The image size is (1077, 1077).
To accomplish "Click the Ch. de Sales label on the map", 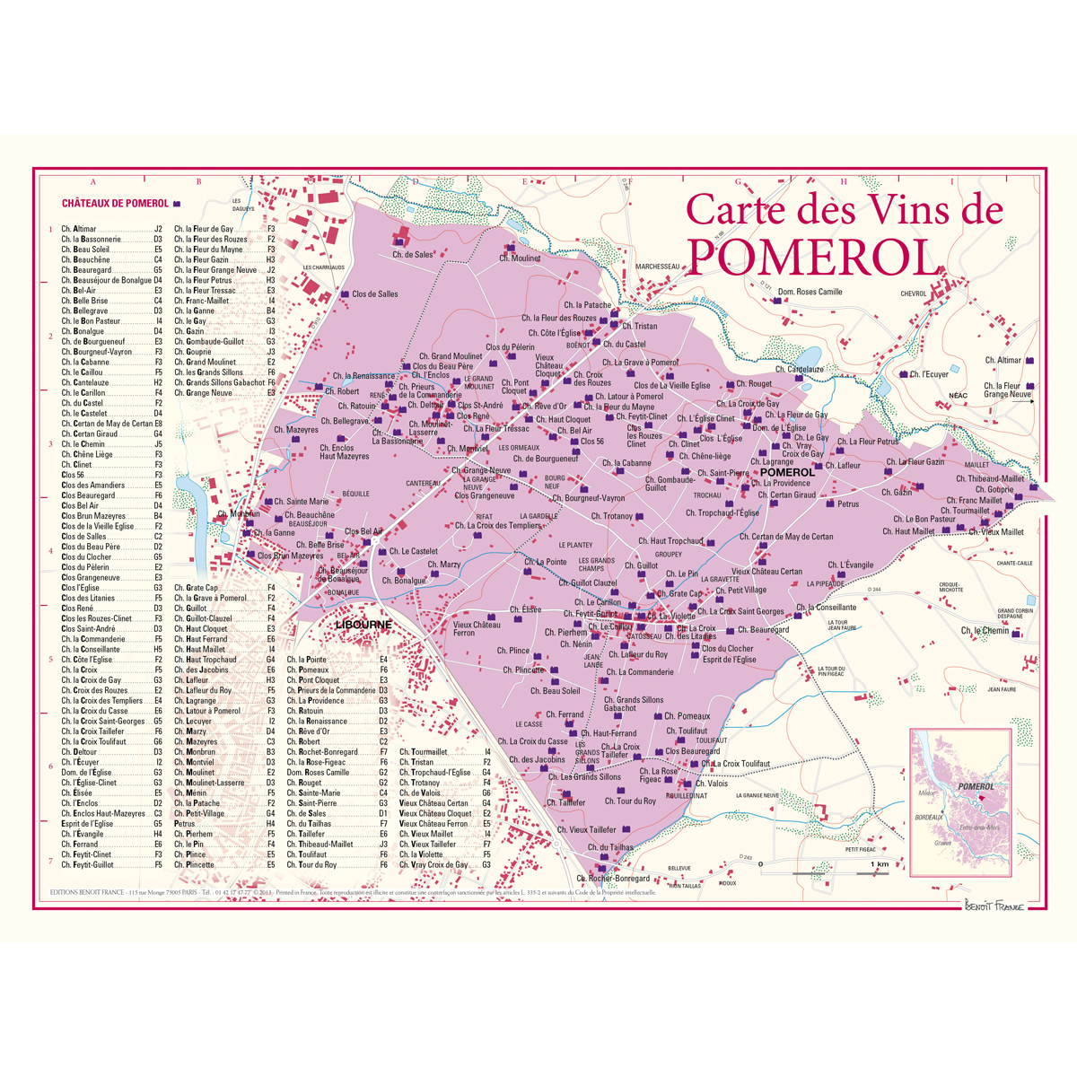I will coord(412,255).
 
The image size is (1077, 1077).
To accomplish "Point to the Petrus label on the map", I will coord(848,504).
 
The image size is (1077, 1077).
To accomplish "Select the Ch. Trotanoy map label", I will coord(612,516).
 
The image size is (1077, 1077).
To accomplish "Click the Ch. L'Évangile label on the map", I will coord(850,565).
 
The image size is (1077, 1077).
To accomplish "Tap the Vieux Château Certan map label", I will coord(766,572).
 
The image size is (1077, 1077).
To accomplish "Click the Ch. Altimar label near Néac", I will coord(1003,361).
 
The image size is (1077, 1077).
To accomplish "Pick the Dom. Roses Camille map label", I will coord(810,292).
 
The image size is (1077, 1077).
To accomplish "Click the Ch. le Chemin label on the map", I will coord(985,631).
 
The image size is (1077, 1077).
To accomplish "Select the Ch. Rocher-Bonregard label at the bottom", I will coord(613,879).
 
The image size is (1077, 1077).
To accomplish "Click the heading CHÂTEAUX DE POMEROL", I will coord(115,204).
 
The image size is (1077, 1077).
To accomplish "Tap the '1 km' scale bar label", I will coord(879,863).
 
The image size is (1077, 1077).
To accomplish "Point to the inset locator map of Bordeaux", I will coord(961,801).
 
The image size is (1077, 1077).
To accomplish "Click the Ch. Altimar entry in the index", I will coord(79,230).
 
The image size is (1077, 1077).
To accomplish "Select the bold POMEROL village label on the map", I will coord(787,472).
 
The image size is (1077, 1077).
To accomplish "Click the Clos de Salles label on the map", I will coord(375,294).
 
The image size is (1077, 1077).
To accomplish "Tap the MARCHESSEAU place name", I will coord(657,267).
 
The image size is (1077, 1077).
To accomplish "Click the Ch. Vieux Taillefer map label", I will coord(587,830).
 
